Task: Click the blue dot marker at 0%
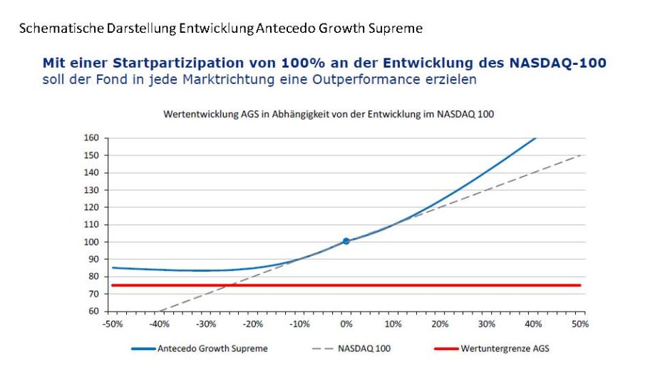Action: point(346,242)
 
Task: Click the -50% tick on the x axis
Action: point(113,324)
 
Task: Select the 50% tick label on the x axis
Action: point(580,324)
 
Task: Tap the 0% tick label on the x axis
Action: point(346,324)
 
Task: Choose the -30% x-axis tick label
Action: point(206,324)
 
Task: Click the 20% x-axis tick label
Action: point(440,324)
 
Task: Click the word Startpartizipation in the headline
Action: point(133,63)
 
